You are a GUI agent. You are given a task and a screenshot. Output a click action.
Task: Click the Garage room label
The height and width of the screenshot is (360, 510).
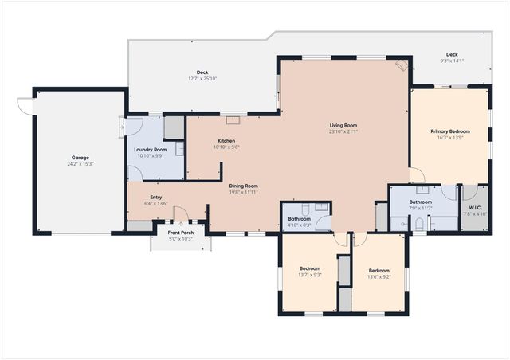[x=80, y=158]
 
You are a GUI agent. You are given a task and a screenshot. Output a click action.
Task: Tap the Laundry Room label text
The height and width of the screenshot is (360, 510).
[x=150, y=150]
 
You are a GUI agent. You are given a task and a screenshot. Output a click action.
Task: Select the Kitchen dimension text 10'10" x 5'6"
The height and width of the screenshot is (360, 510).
[x=226, y=147]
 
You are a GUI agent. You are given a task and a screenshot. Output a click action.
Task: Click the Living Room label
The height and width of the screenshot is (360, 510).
[x=343, y=125]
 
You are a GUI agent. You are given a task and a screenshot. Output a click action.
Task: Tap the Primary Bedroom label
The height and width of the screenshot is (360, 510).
[x=449, y=131]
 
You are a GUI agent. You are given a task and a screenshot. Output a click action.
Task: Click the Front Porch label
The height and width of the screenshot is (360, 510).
[x=180, y=233]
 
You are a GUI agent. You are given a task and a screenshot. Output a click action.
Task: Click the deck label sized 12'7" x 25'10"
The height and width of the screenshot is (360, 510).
[x=202, y=78]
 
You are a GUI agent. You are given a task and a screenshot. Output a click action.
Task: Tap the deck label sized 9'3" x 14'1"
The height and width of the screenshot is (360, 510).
[x=451, y=61]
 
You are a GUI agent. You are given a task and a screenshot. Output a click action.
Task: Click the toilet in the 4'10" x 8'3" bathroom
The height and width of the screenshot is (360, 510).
[x=320, y=207]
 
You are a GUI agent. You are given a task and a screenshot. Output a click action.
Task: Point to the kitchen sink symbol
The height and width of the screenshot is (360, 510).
[x=233, y=120]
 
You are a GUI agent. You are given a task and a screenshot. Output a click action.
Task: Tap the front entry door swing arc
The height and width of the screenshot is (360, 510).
[x=182, y=215]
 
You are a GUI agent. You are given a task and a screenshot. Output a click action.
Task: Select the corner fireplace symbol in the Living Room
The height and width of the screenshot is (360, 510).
[x=401, y=66]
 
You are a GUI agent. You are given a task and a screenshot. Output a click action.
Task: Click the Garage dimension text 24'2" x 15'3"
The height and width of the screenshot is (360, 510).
[x=80, y=164]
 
